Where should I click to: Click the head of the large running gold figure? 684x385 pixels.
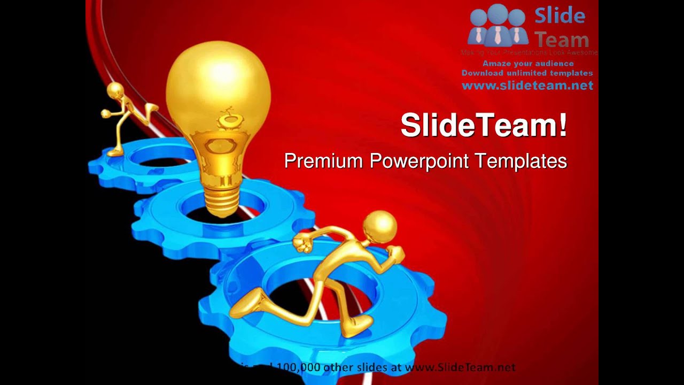380,227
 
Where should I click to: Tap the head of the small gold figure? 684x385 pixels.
115,91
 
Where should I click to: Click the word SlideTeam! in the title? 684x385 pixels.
484,125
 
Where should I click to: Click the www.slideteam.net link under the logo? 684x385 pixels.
527,86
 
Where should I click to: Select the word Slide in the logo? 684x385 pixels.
559,16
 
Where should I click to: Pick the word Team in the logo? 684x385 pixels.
562,40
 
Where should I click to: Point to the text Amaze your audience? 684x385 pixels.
528,63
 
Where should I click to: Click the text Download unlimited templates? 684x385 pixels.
527,73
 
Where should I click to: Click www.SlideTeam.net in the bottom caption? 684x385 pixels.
460,367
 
